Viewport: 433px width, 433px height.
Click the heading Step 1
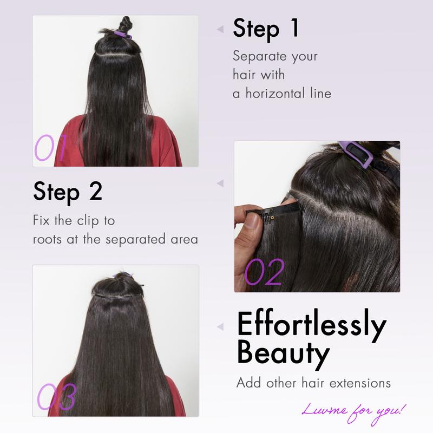(x=266, y=28)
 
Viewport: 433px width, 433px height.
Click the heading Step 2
(x=68, y=192)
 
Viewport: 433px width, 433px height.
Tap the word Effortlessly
(x=311, y=325)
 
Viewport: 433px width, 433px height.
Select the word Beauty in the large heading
(x=283, y=353)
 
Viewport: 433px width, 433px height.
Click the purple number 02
(x=264, y=273)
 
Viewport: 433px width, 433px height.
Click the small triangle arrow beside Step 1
(x=220, y=29)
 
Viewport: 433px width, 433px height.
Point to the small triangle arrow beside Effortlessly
(x=220, y=326)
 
